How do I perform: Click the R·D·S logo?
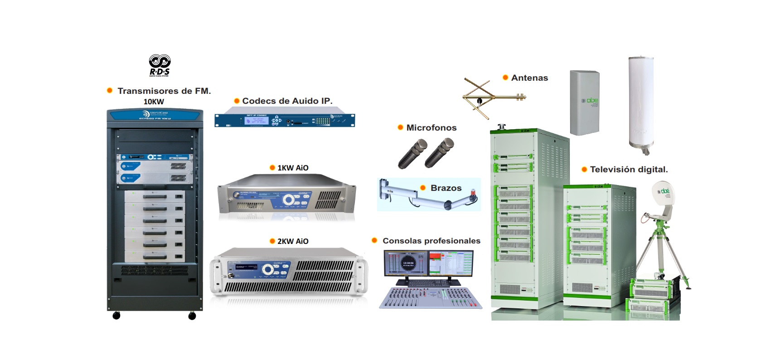coord(160,65)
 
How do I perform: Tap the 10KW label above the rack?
coord(154,102)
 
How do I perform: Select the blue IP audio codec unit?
coord(285,120)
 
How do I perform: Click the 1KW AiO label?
coord(293,168)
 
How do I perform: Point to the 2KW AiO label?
coord(293,241)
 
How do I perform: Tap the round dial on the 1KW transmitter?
coord(288,200)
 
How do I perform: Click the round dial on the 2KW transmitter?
coord(268,270)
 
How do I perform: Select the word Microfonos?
coord(431,128)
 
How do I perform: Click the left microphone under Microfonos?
coord(412,154)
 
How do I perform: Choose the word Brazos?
coord(446,188)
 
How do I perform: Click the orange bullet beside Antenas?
coord(505,78)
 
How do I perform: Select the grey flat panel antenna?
coord(585,102)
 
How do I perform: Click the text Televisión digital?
coord(629,170)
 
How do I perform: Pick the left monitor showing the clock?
coord(406,263)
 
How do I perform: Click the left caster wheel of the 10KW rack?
coord(116,316)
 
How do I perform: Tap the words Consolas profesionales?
coord(431,241)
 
